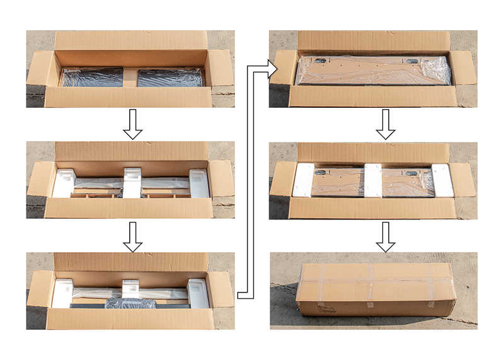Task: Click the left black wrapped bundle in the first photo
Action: tap(93, 77)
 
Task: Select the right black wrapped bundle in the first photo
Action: tap(169, 77)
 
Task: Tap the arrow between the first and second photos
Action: tap(132, 124)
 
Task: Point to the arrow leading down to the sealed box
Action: tap(386, 236)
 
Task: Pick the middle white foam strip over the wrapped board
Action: tap(372, 180)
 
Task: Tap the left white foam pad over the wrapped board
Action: tap(303, 180)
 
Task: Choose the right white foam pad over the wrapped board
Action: tap(442, 180)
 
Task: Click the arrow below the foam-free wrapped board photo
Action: tap(386, 124)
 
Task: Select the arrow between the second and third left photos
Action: tap(132, 236)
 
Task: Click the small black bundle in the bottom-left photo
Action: tap(130, 303)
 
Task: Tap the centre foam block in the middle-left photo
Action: tap(132, 182)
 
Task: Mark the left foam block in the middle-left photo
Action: tap(64, 183)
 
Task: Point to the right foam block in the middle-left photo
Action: tap(199, 183)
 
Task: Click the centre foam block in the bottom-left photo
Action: tap(131, 289)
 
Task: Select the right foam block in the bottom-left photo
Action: tap(198, 293)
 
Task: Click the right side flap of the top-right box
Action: tap(463, 68)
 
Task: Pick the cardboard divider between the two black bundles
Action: tap(130, 77)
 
